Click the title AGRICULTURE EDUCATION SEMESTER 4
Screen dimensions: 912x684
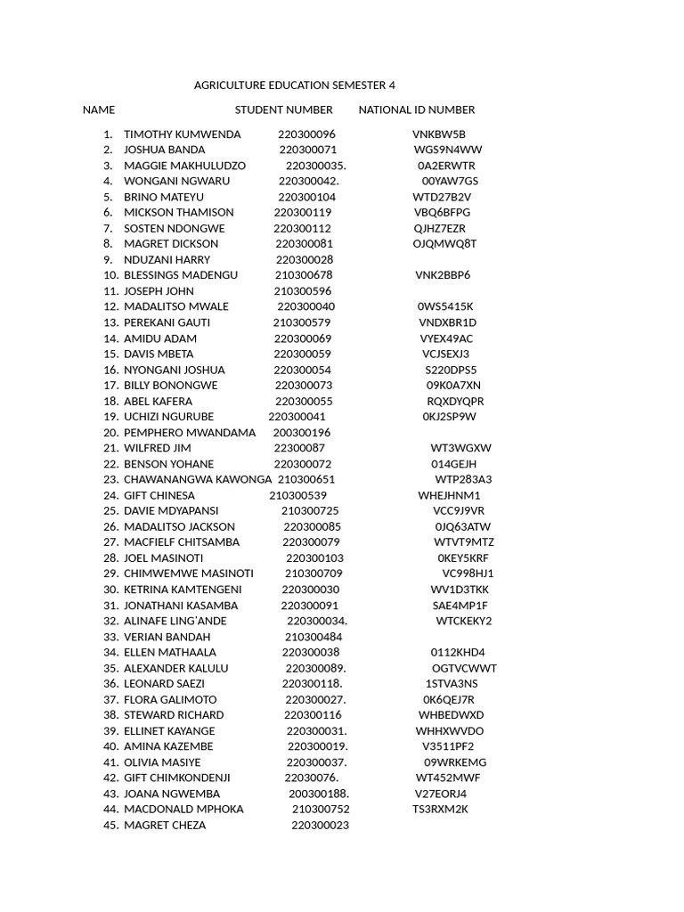pyautogui.click(x=294, y=85)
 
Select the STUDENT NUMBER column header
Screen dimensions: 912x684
pyautogui.click(x=283, y=110)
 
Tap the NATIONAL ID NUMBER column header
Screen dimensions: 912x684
pyautogui.click(x=417, y=110)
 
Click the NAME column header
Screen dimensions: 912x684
pyautogui.click(x=99, y=110)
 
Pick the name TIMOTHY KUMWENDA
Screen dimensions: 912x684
pyautogui.click(x=182, y=134)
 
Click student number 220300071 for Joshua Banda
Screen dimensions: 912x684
pyautogui.click(x=308, y=150)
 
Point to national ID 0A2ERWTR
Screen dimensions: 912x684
pyautogui.click(x=446, y=166)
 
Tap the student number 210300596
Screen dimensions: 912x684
pyautogui.click(x=303, y=291)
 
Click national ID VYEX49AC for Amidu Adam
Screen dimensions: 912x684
pyautogui.click(x=446, y=338)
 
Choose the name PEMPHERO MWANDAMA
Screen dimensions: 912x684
pyautogui.click(x=190, y=433)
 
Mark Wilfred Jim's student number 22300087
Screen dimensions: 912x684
pyautogui.click(x=299, y=448)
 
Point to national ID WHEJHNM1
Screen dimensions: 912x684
pyautogui.click(x=449, y=495)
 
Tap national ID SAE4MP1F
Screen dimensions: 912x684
pyautogui.click(x=460, y=606)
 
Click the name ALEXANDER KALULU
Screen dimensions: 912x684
pyautogui.click(x=176, y=668)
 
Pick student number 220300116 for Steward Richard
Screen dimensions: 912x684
pyautogui.click(x=313, y=715)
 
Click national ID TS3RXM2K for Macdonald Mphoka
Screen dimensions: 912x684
pyautogui.click(x=440, y=810)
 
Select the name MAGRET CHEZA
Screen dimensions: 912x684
pyautogui.click(x=165, y=826)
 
